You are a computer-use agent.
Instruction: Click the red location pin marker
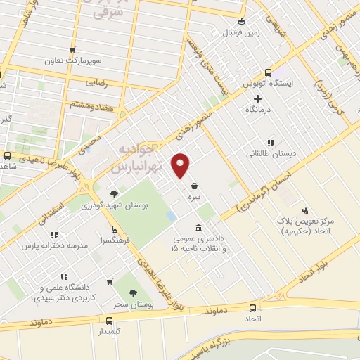click(x=181, y=165)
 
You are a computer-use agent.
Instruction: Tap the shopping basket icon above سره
click(x=193, y=186)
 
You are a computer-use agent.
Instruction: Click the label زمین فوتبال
click(x=242, y=32)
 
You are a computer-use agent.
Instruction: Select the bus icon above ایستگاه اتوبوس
click(x=268, y=72)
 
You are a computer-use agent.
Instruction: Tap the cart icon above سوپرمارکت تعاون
click(x=72, y=49)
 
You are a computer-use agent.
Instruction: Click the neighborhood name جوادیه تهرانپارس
click(x=137, y=160)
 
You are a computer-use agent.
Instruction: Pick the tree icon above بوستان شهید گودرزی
click(x=114, y=193)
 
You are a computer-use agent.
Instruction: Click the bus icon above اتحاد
click(x=253, y=308)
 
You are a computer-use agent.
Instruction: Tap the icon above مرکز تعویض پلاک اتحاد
click(x=304, y=210)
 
